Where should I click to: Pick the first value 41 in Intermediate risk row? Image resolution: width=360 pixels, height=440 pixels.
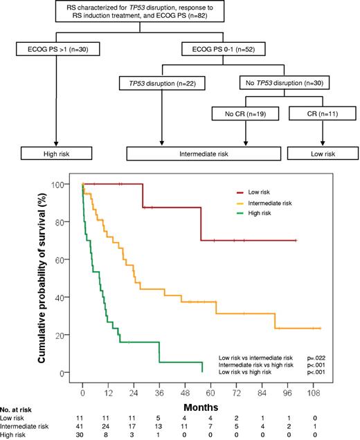pos(83,427)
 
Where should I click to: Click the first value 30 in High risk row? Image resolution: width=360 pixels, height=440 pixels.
pos(83,435)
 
